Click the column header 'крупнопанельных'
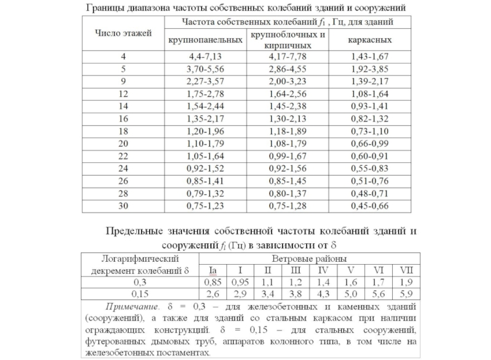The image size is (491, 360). click(205, 39)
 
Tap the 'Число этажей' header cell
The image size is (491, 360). click(122, 32)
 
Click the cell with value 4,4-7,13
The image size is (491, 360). click(205, 57)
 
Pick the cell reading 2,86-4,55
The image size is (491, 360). click(287, 69)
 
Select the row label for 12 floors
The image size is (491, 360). click(122, 93)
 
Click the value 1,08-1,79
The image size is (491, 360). click(287, 144)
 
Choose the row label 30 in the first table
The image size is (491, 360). click(122, 205)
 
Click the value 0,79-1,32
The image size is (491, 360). click(205, 193)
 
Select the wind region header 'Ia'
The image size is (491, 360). click(213, 270)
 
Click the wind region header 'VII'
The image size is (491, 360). click(406, 270)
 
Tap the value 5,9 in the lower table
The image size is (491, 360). click(406, 293)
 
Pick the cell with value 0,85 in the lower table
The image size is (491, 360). click(213, 282)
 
